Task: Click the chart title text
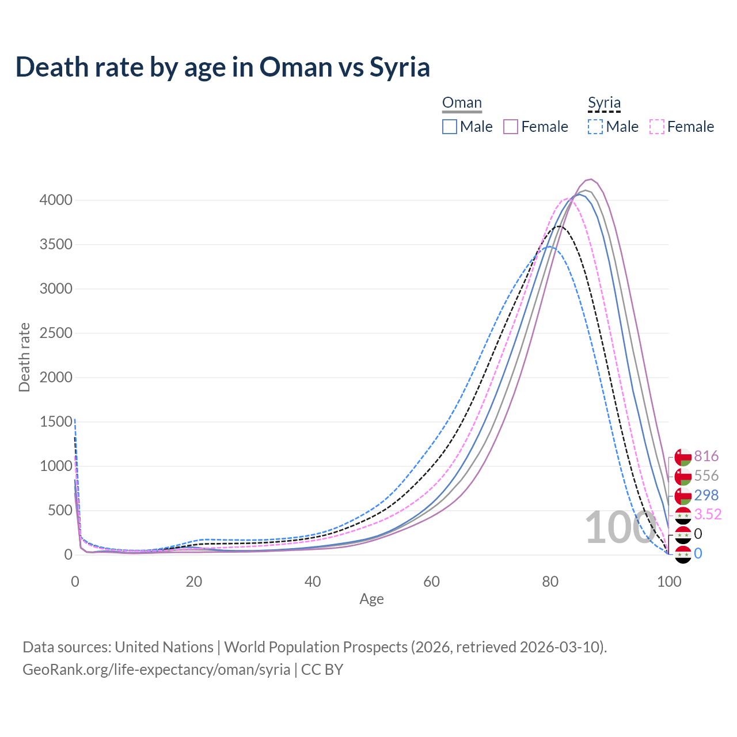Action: click(x=223, y=67)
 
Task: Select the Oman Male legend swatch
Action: click(x=450, y=127)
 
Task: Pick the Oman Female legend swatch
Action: click(x=511, y=127)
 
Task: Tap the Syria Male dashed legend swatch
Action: click(x=595, y=127)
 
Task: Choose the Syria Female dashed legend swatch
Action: click(x=657, y=127)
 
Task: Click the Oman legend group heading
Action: click(x=462, y=103)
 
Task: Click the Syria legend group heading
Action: click(x=604, y=103)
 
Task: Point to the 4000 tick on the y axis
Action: click(x=56, y=200)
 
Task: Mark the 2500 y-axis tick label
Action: click(x=56, y=333)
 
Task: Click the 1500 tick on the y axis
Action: click(x=56, y=422)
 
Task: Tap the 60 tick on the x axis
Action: click(x=431, y=582)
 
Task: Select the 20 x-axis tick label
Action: click(x=194, y=582)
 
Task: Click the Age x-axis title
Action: click(x=371, y=599)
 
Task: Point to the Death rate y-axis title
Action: click(x=24, y=358)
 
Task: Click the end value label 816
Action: click(x=706, y=456)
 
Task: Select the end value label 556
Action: click(x=706, y=476)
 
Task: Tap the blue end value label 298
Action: click(x=706, y=495)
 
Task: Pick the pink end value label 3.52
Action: click(x=708, y=514)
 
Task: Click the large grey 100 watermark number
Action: click(x=620, y=527)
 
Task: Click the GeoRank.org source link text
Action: click(x=156, y=670)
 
